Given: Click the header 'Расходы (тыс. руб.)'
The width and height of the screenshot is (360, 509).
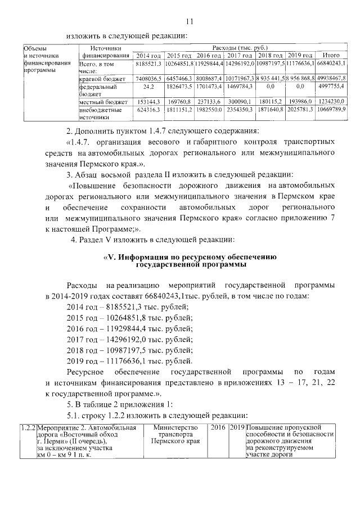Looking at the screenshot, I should pyautogui.click(x=240, y=48).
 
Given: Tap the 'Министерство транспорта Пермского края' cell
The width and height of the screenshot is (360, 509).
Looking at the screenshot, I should pyautogui.click(x=175, y=435).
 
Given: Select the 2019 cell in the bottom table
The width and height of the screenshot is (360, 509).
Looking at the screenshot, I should pyautogui.click(x=237, y=429).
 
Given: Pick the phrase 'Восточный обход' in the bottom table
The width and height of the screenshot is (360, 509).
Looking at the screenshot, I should pyautogui.click(x=92, y=435).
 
